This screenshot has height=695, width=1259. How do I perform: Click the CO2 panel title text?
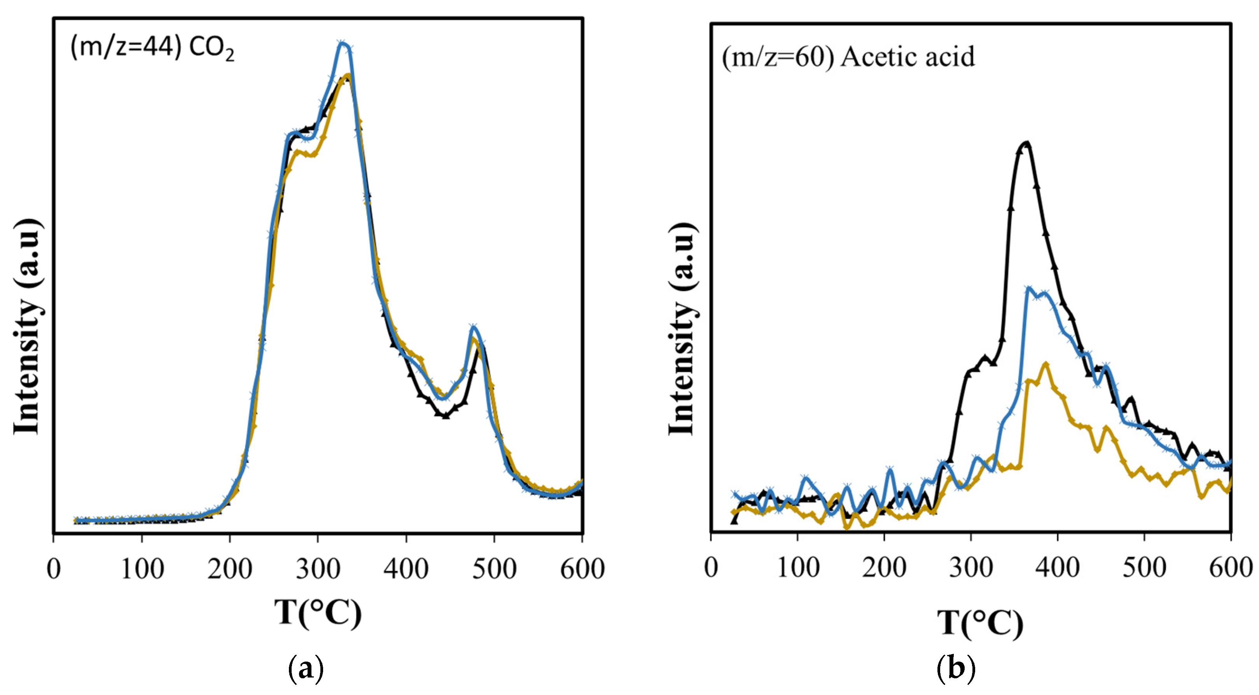coord(152,48)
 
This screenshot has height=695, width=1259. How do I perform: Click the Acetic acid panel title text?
coord(848,57)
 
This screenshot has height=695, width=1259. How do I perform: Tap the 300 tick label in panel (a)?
coord(318,570)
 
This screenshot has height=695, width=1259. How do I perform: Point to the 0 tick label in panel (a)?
coord(53,570)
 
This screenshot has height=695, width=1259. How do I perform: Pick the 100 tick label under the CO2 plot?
coord(142,570)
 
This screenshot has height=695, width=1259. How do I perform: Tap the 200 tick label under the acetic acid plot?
coord(884,568)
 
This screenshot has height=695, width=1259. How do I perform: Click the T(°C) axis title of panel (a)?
coord(318,613)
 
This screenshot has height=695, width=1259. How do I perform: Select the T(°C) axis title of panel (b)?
coord(980,623)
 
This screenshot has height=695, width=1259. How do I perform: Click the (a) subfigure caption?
coord(306,669)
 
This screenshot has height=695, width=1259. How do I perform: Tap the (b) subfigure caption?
coord(956,669)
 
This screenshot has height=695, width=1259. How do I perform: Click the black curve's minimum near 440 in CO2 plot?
coord(445,416)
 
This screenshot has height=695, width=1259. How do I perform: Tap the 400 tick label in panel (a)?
coord(406,570)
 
